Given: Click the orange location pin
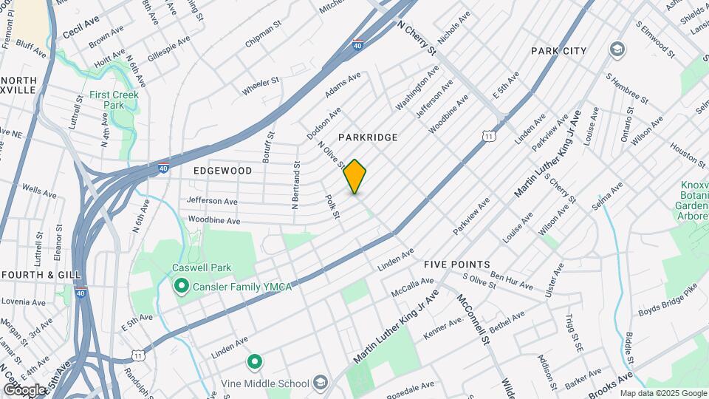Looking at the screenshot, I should pyautogui.click(x=354, y=177).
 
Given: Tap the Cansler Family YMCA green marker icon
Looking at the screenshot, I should pyautogui.click(x=180, y=285).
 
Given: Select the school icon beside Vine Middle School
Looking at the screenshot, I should pyautogui.click(x=320, y=382).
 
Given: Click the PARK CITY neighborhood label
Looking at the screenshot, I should pyautogui.click(x=559, y=51).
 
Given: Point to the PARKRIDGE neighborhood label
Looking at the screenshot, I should pyautogui.click(x=368, y=137).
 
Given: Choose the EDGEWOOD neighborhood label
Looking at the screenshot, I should pyautogui.click(x=222, y=171).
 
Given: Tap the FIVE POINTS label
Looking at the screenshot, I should pyautogui.click(x=457, y=265).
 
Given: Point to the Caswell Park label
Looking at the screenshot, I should pyautogui.click(x=202, y=268).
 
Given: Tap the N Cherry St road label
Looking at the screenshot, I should pyautogui.click(x=417, y=37).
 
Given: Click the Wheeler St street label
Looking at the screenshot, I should pyautogui.click(x=260, y=86).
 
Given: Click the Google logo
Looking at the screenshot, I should pyautogui.click(x=24, y=389).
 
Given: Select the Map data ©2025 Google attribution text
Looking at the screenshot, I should pyautogui.click(x=662, y=393).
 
